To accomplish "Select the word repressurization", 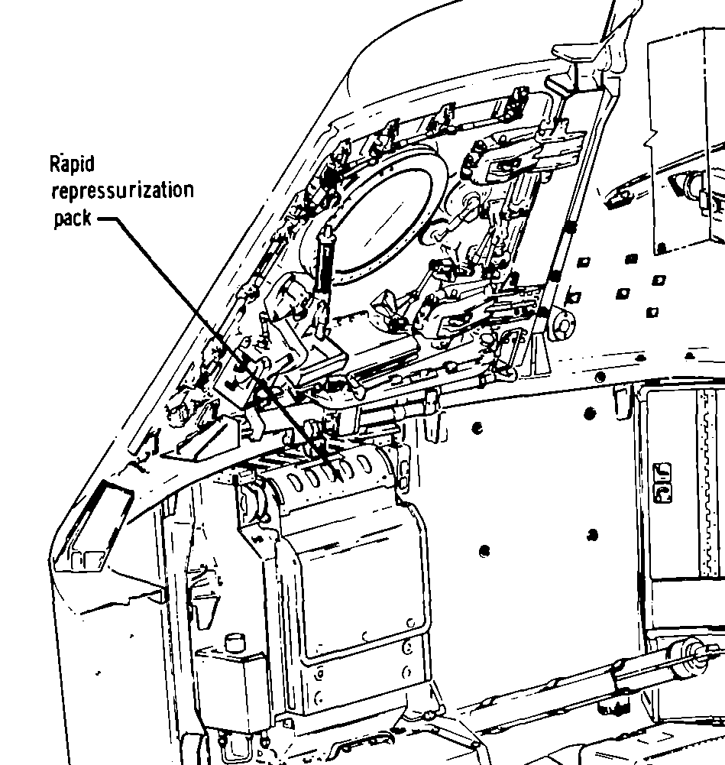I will (121, 191).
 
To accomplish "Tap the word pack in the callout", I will (72, 219).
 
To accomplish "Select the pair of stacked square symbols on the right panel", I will (661, 484).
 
